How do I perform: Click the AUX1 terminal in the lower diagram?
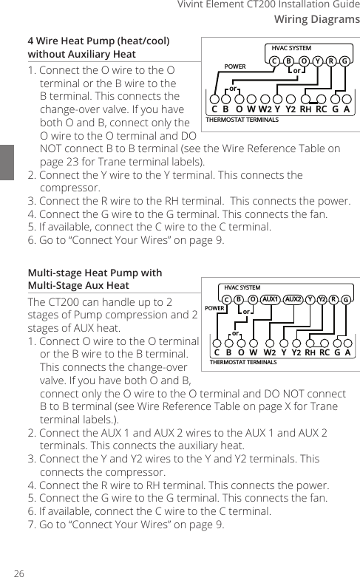tap(270, 299)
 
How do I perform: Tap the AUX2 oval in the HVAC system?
tap(293, 299)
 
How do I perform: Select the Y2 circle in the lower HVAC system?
tap(322, 299)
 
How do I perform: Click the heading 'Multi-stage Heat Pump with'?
tap(94, 273)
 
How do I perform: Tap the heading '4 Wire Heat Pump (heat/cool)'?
tap(98, 41)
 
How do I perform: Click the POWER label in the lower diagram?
tap(214, 307)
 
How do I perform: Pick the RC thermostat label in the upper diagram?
tap(320, 110)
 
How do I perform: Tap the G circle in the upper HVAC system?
tap(344, 61)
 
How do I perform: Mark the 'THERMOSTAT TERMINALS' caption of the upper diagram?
tap(242, 119)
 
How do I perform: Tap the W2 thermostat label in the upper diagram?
tap(263, 110)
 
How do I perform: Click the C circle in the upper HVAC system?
tap(274, 61)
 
